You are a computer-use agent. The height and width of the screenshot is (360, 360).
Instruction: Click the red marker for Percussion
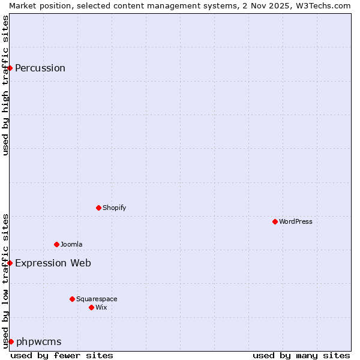tap(10, 68)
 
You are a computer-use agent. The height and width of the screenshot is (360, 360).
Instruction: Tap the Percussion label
tap(40, 68)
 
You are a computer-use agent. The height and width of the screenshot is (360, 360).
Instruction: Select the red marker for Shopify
tap(99, 208)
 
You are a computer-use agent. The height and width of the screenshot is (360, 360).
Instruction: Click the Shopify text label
tap(114, 208)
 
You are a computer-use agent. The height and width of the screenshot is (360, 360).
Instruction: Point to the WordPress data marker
tap(275, 221)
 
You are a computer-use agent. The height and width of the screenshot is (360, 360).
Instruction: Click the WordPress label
tap(296, 221)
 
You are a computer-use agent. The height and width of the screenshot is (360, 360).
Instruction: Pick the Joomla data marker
tap(57, 244)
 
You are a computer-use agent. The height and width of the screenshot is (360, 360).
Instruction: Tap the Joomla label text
tap(71, 244)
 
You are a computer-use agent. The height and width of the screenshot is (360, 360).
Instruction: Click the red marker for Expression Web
tap(10, 263)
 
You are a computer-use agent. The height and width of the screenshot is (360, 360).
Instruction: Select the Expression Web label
tap(53, 263)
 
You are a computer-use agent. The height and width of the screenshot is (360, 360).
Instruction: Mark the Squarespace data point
tap(73, 299)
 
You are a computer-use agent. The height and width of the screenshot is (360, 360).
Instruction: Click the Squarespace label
tap(97, 299)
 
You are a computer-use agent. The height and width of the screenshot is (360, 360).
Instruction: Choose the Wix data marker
tap(92, 307)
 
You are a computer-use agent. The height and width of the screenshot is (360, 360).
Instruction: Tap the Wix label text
tap(101, 307)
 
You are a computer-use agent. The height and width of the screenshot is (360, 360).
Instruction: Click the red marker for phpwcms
tap(11, 341)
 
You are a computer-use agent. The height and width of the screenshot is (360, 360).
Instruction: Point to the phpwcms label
tap(39, 341)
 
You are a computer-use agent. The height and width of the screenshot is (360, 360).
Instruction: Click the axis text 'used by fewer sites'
tap(62, 355)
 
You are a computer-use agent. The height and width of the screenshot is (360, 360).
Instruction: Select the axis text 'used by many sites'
tap(301, 355)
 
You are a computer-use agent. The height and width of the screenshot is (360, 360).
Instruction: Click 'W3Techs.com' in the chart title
tap(326, 5)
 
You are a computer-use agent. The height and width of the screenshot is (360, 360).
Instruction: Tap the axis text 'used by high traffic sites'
tap(5, 85)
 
